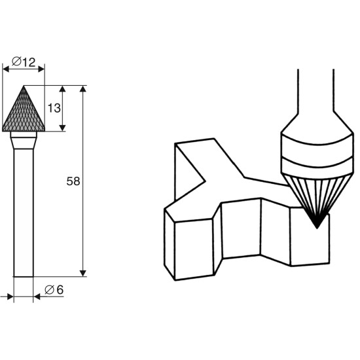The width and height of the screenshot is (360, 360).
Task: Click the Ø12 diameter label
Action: [x=24, y=62]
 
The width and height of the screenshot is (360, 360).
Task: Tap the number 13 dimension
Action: [x=54, y=108]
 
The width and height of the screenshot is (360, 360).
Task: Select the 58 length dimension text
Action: [x=73, y=181]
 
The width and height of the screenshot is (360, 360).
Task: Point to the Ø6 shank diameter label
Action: [x=54, y=290]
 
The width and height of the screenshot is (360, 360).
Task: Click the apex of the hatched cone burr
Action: [x=24, y=86]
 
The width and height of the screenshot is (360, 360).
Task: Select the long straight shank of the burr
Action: [x=24, y=213]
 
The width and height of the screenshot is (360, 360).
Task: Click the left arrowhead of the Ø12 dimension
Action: [x=5, y=69]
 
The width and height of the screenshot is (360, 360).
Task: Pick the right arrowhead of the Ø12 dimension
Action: [x=41, y=69]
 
